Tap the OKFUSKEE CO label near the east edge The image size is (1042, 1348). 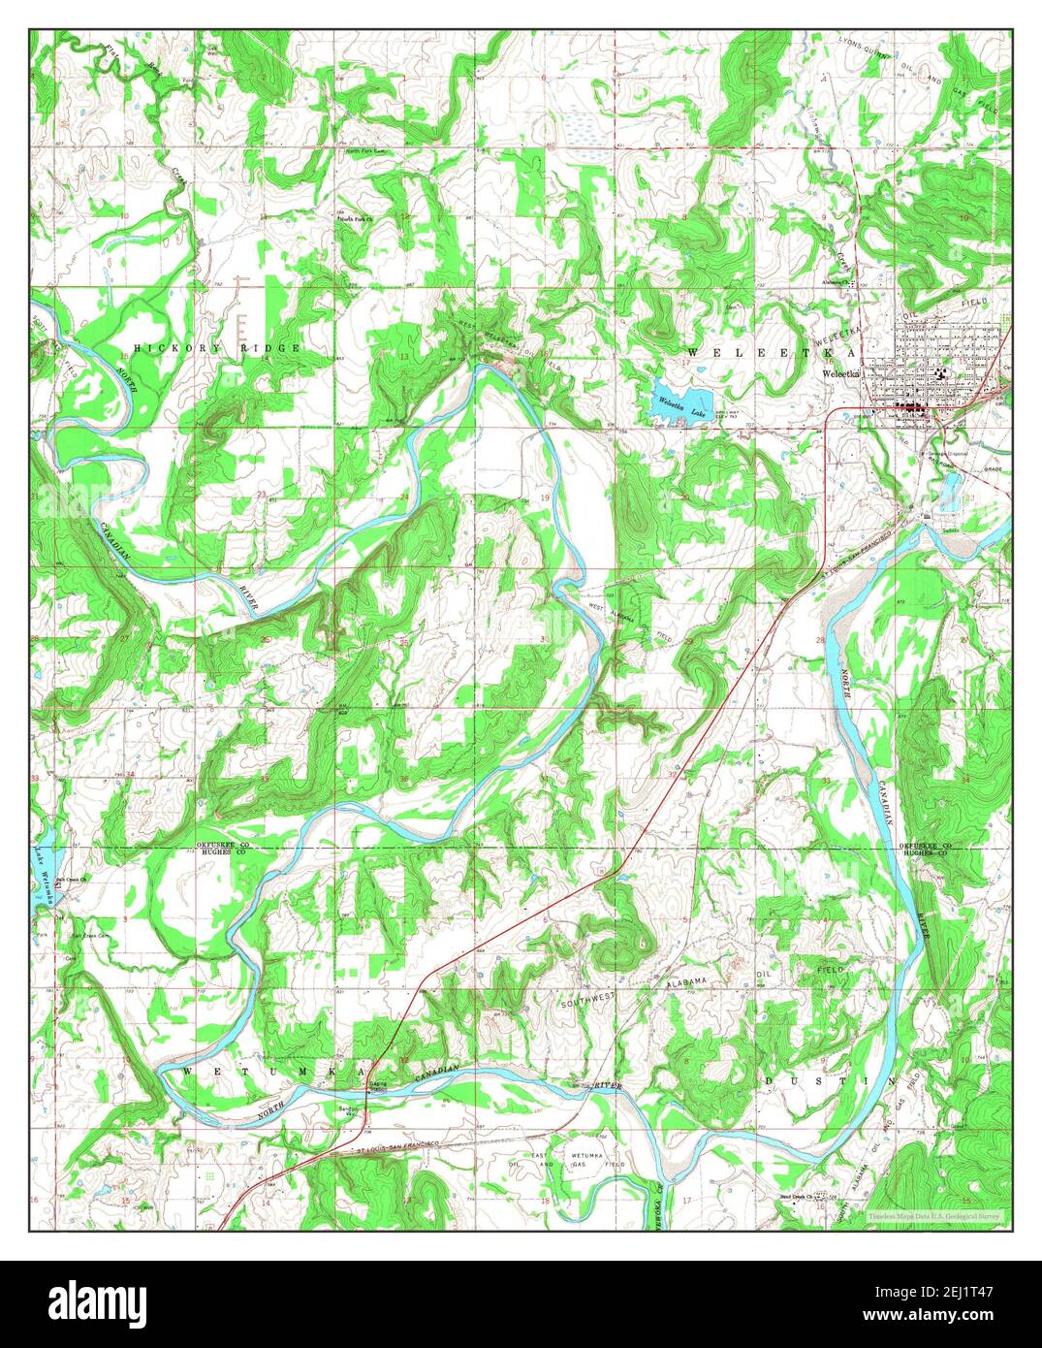pyautogui.click(x=927, y=846)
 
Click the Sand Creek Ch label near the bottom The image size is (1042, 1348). pyautogui.click(x=801, y=1196)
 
